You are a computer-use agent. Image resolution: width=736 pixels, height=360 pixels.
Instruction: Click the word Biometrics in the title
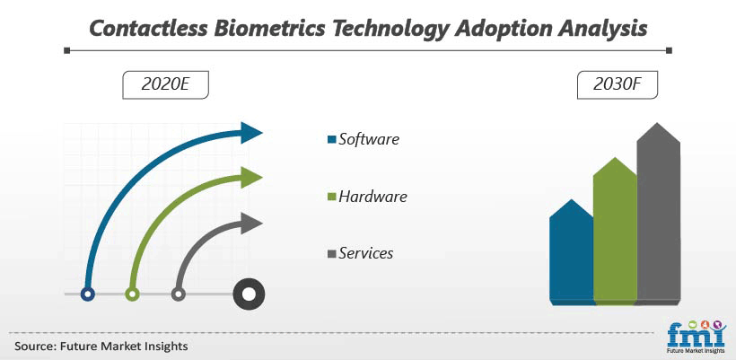[269, 29]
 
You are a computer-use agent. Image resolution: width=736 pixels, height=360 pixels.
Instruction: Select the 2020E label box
[165, 85]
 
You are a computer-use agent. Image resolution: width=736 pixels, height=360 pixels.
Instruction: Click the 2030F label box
[618, 85]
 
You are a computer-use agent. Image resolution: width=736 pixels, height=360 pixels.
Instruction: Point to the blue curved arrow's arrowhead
[250, 133]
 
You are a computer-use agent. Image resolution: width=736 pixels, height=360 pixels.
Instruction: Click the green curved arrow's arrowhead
[250, 178]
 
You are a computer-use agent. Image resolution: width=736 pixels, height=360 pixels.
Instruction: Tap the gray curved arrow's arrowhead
[250, 224]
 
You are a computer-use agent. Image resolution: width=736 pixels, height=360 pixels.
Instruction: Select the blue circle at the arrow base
[88, 294]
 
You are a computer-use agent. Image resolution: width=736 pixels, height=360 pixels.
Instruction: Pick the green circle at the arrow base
[132, 294]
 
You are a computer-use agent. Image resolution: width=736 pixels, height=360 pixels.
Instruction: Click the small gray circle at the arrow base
[178, 294]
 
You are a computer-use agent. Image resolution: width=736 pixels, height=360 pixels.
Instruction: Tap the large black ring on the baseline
[249, 294]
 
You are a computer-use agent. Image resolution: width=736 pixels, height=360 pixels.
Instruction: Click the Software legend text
[369, 139]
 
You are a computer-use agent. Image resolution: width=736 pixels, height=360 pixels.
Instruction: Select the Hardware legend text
[372, 197]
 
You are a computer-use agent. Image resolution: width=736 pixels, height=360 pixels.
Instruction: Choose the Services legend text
[366, 253]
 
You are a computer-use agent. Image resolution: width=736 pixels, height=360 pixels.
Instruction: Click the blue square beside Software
[332, 140]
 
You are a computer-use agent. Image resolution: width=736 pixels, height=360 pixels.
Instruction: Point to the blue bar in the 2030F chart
[571, 253]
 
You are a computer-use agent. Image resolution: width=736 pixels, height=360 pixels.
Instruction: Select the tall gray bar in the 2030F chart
[658, 214]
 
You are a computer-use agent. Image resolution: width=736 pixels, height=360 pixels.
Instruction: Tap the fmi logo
[697, 337]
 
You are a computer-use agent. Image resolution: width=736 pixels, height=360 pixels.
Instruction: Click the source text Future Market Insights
[124, 347]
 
